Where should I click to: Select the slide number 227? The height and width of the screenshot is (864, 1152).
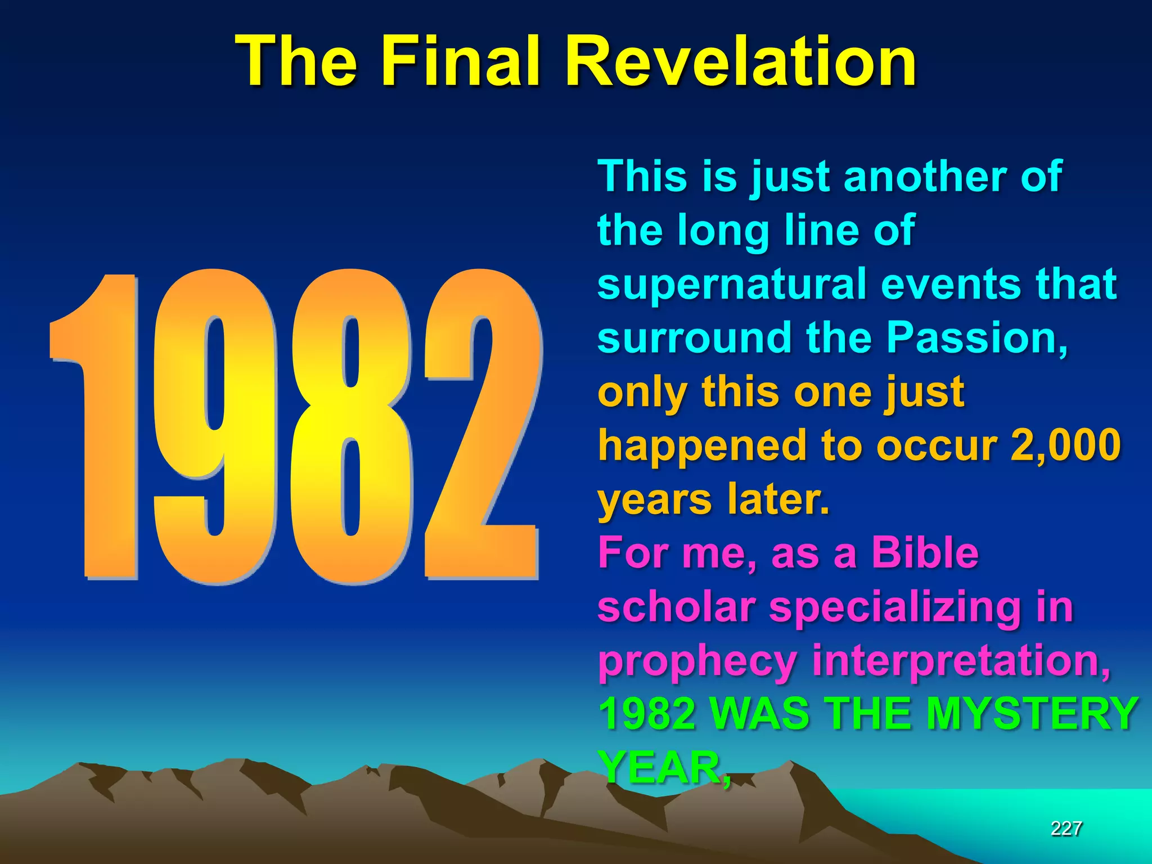1066,828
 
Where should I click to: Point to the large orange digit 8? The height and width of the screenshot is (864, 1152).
352,427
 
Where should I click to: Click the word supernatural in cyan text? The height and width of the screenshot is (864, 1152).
732,285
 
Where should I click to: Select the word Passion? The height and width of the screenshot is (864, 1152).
976,337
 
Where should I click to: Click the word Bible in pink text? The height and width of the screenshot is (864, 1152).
925,553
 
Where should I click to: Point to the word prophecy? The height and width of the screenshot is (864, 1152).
697,661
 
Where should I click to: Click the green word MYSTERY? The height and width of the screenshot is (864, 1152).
1032,713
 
